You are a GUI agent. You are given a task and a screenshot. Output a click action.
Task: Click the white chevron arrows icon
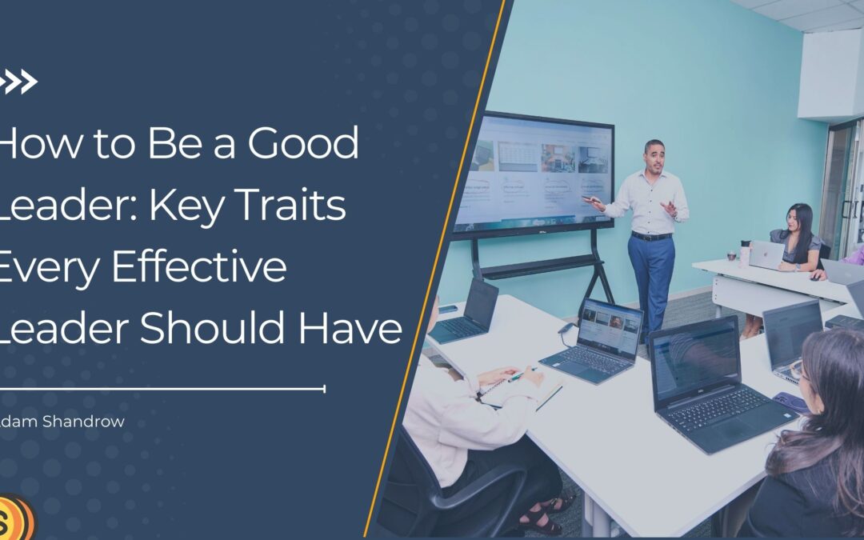18,82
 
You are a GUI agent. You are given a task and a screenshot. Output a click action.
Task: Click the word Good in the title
303,144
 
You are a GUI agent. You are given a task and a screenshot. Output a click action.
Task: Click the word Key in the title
186,206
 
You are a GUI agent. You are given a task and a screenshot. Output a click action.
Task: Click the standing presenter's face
654,157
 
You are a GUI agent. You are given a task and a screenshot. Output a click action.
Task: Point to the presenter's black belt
652,236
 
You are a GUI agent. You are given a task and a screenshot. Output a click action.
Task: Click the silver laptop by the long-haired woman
766,254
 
